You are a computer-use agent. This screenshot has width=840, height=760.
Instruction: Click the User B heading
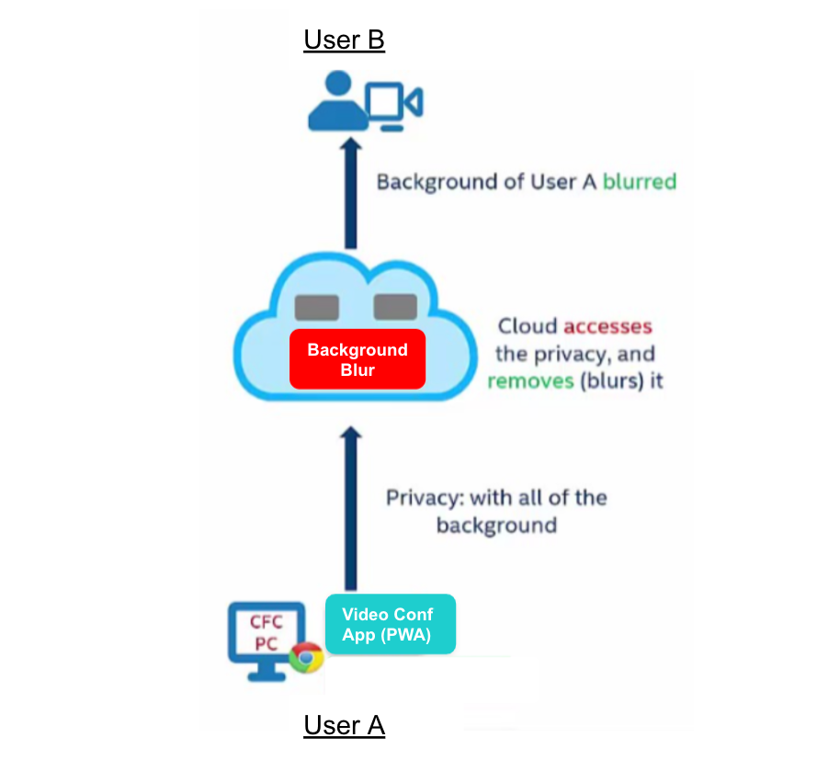tap(344, 40)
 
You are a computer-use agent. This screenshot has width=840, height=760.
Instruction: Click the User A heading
tap(344, 726)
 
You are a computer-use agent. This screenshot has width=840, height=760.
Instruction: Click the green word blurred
tap(640, 181)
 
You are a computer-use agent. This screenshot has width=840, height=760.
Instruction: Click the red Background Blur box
tap(358, 358)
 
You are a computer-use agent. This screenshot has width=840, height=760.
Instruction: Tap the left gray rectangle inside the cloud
tap(316, 306)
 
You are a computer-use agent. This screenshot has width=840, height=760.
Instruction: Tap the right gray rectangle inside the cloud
tap(396, 306)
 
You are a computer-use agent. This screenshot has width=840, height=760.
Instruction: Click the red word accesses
tap(607, 326)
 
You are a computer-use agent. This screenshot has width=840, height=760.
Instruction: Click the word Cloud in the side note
tap(528, 326)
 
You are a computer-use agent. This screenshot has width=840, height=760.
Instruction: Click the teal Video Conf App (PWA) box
tap(391, 624)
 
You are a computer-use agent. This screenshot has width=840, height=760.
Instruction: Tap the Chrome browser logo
tap(305, 658)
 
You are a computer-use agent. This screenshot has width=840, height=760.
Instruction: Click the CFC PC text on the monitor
tap(267, 632)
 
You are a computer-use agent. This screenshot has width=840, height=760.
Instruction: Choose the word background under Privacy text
tap(496, 526)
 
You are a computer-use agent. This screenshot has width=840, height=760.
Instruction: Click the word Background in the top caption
tap(436, 181)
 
